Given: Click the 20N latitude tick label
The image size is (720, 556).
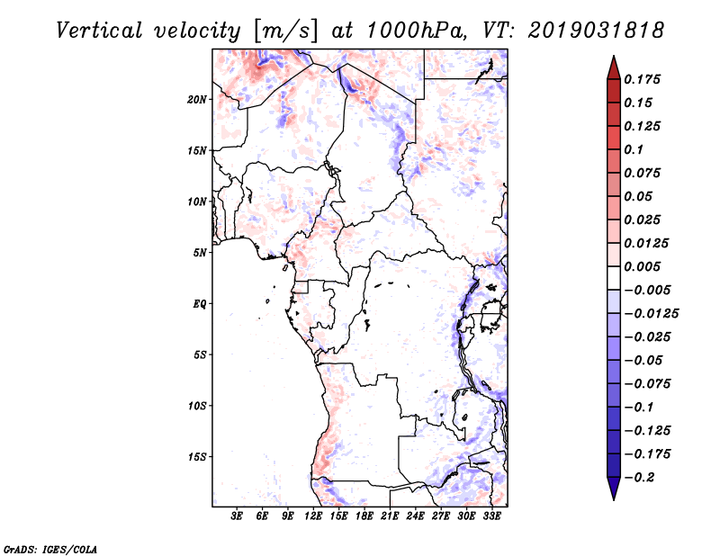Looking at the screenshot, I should click(198, 99).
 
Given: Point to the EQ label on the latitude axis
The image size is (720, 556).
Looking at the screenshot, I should click(200, 303).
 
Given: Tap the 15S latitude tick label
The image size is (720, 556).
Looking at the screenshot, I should click(198, 456).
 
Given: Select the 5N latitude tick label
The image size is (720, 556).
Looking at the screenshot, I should click(201, 252).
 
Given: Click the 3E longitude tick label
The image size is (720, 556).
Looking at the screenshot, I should click(238, 516).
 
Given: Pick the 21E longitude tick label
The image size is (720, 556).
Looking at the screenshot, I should click(390, 516).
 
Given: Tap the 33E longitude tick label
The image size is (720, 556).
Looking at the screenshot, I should click(491, 516).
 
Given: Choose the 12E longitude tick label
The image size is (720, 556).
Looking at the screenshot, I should click(314, 516).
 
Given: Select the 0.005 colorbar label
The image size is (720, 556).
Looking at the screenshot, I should click(644, 266).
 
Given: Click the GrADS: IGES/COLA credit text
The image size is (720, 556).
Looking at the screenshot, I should click(50, 548).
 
